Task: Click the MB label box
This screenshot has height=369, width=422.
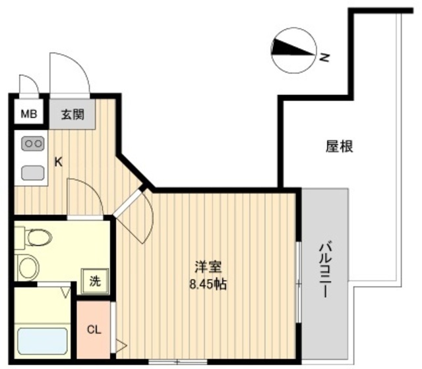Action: point(28,114)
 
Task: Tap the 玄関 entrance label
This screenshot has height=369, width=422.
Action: point(73,114)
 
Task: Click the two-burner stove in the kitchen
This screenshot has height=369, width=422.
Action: point(32,143)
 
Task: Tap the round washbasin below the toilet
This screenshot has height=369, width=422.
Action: point(27,266)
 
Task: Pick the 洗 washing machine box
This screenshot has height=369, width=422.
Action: point(95,280)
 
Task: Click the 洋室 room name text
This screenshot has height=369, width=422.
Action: point(208,268)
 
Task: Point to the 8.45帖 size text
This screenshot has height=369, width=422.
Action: point(208,285)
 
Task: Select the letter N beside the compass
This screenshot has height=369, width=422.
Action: point(324,58)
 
